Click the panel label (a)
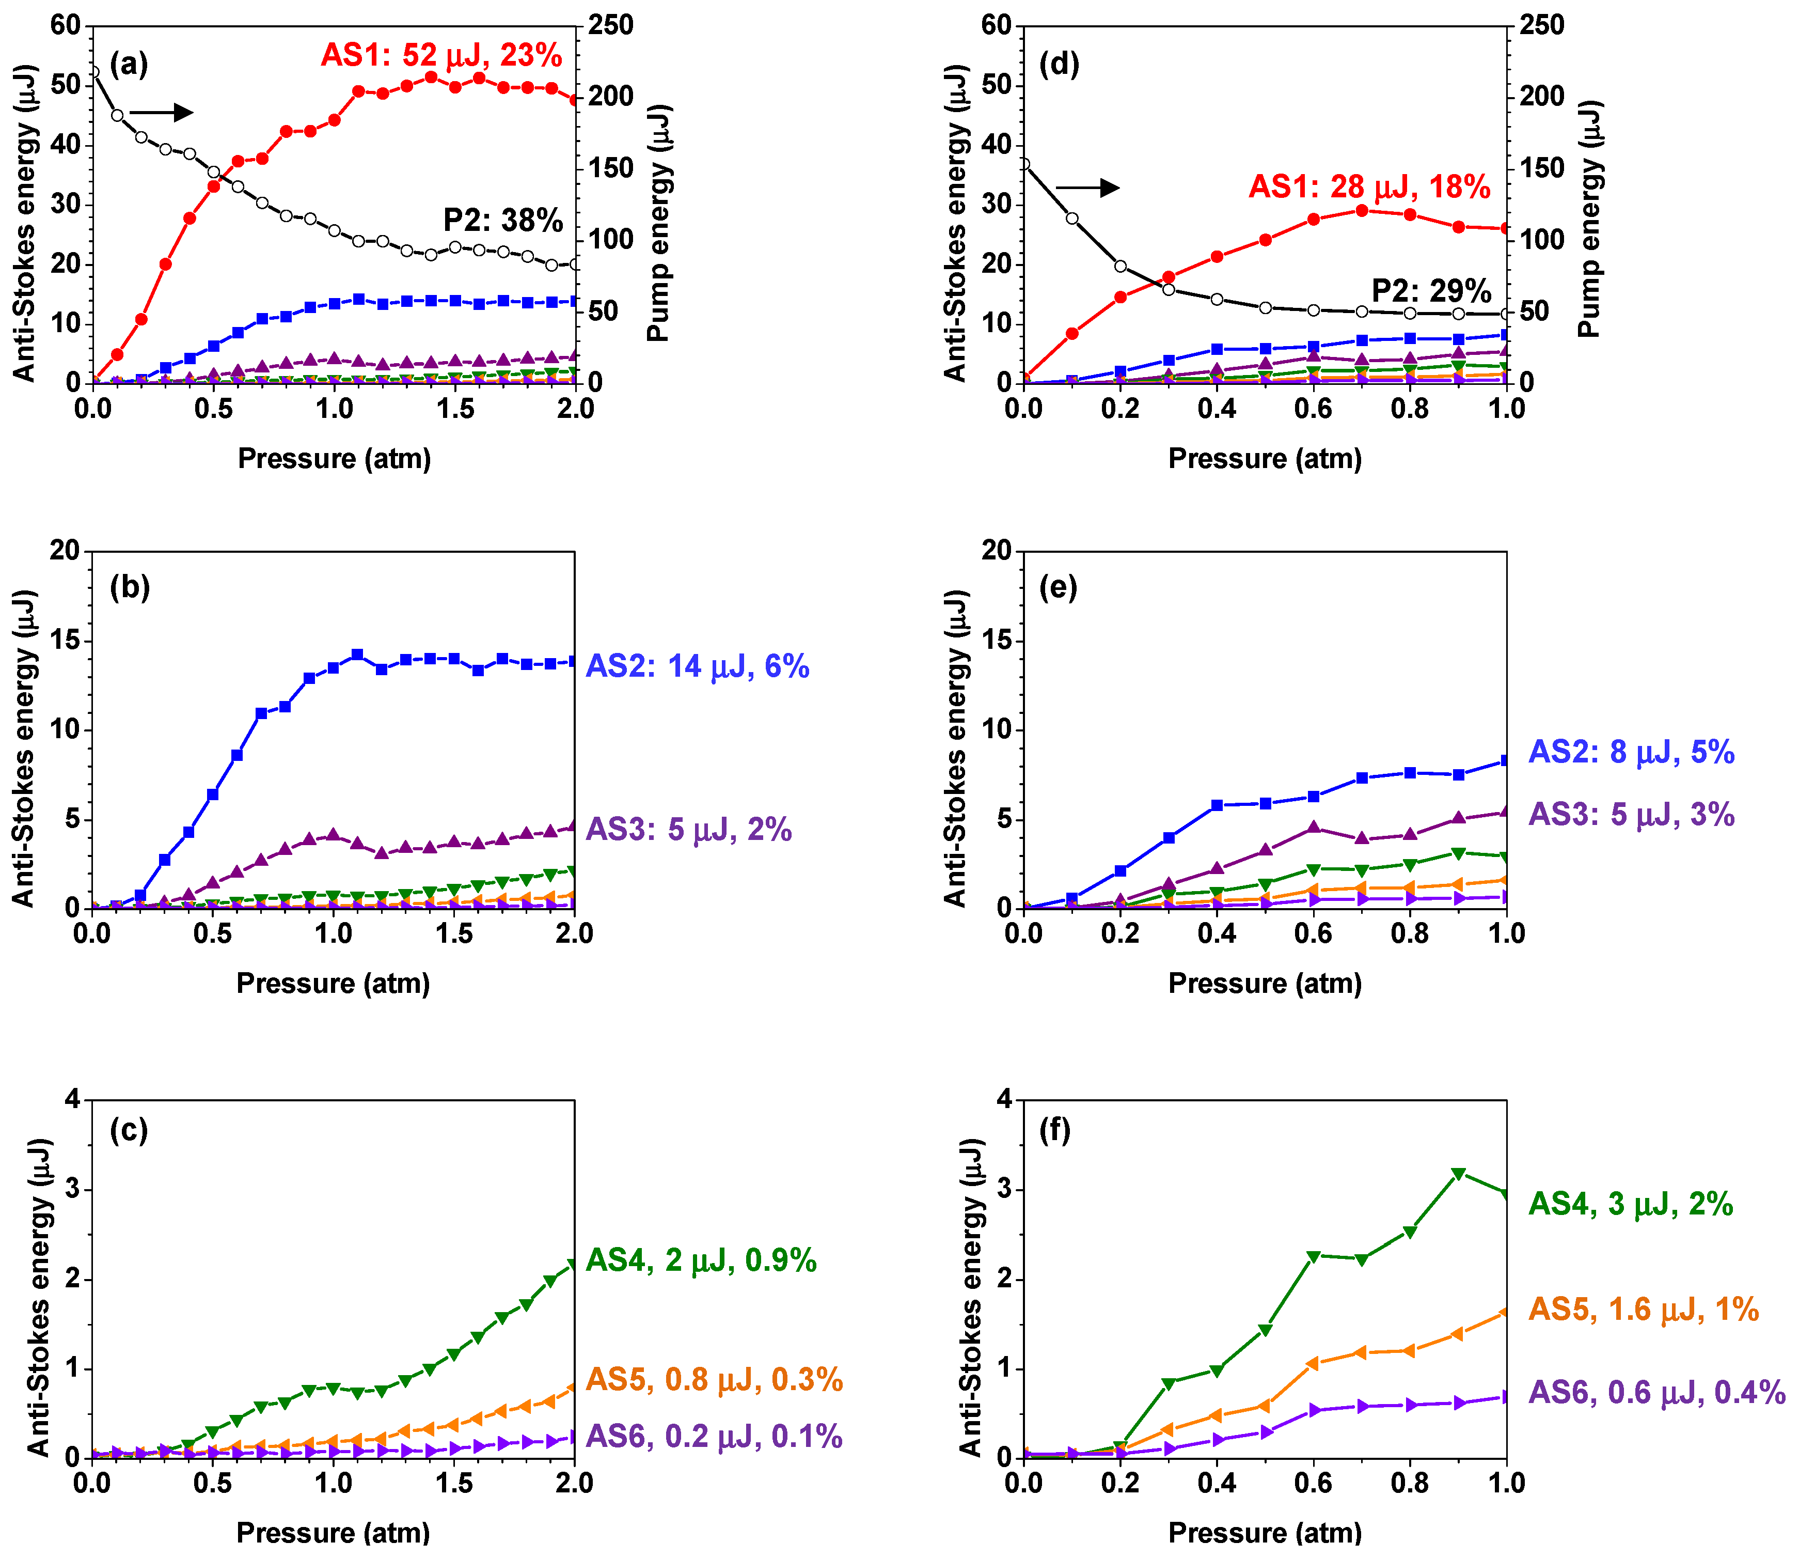point(129,65)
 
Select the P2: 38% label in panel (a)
point(503,221)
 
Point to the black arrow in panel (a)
point(161,112)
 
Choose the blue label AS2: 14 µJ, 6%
point(698,667)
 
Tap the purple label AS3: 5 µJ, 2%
point(689,830)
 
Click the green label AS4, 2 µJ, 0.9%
point(701,1260)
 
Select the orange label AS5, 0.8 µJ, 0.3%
point(715,1380)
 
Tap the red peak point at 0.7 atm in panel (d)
point(1362,210)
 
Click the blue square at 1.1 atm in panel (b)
point(357,655)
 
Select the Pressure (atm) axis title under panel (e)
point(1265,984)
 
